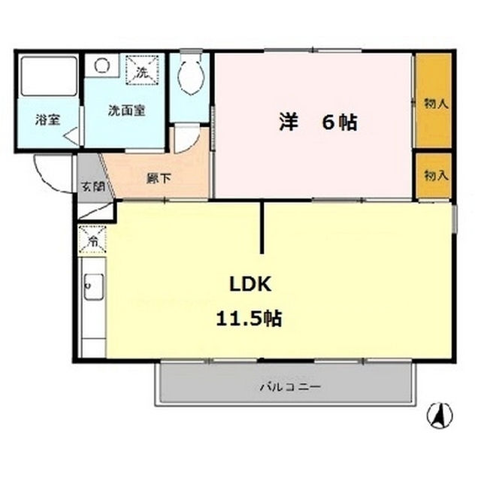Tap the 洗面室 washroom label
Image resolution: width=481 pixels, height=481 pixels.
(x=126, y=110)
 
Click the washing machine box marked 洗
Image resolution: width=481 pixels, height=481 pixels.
(x=143, y=71)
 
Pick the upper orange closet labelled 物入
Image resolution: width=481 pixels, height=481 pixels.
(x=434, y=101)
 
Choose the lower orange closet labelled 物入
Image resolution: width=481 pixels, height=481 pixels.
(x=434, y=175)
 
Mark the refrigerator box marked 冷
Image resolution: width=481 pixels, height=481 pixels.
(x=93, y=240)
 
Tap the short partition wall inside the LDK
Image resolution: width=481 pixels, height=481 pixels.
(x=262, y=227)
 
